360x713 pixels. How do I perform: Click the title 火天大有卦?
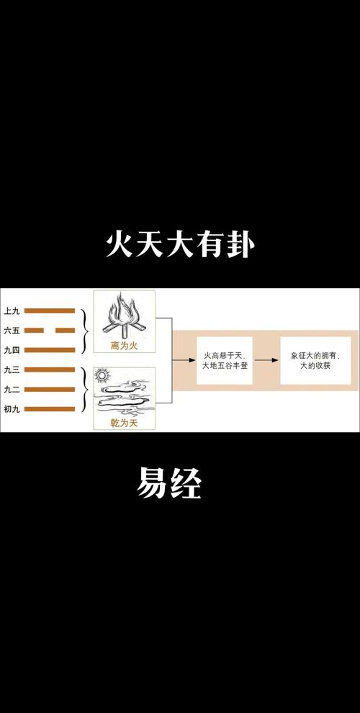click(x=180, y=246)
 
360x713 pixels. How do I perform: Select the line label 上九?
click(x=12, y=311)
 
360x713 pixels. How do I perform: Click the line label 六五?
click(x=12, y=331)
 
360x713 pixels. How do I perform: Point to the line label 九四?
click(x=12, y=350)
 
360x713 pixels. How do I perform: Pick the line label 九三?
click(x=12, y=369)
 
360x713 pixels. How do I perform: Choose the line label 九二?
click(x=12, y=389)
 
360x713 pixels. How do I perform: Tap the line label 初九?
click(x=12, y=409)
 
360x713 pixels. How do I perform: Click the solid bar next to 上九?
click(x=50, y=311)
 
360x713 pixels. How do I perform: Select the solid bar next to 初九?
click(x=50, y=409)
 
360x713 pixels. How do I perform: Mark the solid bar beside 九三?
click(x=50, y=369)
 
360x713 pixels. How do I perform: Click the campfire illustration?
click(x=124, y=316)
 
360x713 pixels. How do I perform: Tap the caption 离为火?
click(x=124, y=346)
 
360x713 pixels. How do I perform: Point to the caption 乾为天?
click(x=124, y=423)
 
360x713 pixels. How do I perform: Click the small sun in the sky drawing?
click(x=102, y=376)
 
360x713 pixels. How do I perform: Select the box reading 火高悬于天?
click(x=225, y=361)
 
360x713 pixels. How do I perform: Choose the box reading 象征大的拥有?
click(x=315, y=361)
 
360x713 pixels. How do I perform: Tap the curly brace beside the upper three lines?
click(x=84, y=331)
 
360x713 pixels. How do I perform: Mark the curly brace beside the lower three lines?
click(x=84, y=390)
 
